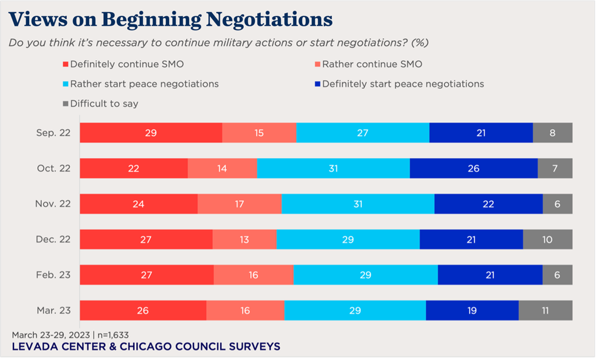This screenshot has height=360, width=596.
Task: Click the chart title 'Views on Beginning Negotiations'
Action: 171,19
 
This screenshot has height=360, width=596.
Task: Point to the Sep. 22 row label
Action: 54,133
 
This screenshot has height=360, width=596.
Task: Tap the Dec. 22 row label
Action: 54,240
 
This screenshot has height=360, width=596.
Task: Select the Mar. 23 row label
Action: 54,310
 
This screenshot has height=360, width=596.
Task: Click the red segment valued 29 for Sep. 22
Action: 151,133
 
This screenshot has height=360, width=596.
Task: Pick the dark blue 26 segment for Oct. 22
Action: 474,168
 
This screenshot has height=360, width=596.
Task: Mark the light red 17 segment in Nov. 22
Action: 240,204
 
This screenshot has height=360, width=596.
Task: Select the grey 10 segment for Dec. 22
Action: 547,240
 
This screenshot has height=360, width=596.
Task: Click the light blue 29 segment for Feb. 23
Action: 366,275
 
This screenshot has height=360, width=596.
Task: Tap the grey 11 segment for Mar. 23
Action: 546,310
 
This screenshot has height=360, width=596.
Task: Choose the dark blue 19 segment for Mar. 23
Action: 472,310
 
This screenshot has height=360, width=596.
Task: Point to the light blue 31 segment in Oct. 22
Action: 333,168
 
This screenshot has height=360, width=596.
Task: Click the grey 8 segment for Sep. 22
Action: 552,133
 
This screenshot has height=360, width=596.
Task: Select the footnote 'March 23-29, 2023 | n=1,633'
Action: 70,334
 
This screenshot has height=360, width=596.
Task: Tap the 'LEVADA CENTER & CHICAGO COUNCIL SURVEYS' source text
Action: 146,347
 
